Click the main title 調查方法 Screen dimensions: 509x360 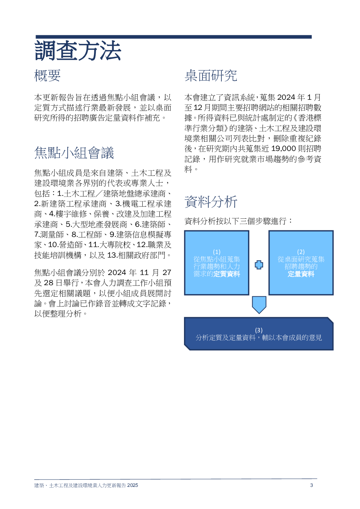78,51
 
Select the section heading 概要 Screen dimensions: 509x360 47,76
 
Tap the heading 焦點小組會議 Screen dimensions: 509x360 74,153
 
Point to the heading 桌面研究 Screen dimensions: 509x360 210,76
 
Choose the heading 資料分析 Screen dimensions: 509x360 210,202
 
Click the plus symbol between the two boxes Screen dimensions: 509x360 259,265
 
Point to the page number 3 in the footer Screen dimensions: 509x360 311,485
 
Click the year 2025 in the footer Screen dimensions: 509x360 132,485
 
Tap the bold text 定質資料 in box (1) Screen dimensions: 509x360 227,274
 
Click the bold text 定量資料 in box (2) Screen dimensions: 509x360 301,274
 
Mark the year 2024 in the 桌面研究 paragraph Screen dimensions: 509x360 286,98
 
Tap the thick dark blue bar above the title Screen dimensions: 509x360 173,37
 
